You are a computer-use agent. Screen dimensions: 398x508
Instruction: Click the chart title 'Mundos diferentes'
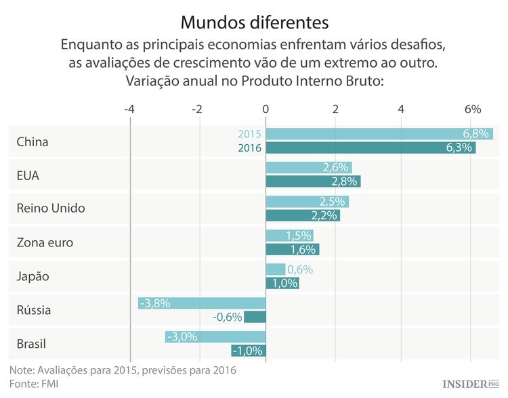tap(254, 22)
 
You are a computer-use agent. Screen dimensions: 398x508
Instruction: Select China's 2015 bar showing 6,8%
tap(379, 134)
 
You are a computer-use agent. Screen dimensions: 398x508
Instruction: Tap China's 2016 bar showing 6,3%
tap(371, 148)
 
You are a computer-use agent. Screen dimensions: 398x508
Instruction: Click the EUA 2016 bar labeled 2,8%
tap(313, 181)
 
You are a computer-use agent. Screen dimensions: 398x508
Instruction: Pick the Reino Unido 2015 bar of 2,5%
tap(307, 202)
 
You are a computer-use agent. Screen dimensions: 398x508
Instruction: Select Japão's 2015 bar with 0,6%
tap(276, 269)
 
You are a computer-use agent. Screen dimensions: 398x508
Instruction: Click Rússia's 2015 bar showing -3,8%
tap(202, 303)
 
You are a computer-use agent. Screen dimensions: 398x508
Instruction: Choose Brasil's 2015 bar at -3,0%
tap(215, 337)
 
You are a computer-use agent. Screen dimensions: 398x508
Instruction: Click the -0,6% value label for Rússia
tap(228, 317)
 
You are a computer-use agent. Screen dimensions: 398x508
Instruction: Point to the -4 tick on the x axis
tap(129, 109)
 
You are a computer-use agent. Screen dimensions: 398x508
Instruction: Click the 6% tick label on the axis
tap(472, 109)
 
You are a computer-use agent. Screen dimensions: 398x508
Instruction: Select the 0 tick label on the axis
tap(266, 109)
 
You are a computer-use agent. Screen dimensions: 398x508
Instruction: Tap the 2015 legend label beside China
tap(249, 134)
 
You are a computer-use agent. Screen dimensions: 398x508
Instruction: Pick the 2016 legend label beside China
tap(249, 148)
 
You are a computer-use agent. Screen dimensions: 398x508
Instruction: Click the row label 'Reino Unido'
tap(51, 208)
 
